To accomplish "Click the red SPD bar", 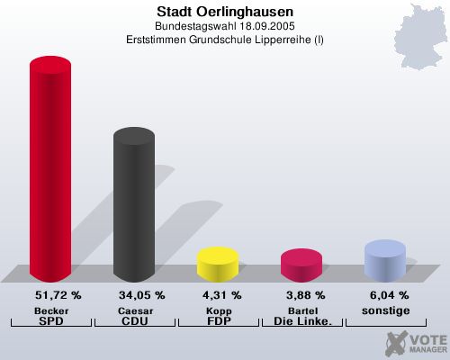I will [x=50, y=171].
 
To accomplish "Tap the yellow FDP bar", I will [x=217, y=263].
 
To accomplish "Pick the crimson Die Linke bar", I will [x=301, y=264].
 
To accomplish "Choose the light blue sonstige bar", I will [x=384, y=259].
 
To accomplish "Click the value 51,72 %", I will [x=58, y=295].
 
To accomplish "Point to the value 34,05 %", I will [x=141, y=295].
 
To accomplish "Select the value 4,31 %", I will [x=218, y=295].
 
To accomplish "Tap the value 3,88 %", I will [x=301, y=295].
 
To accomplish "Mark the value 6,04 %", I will [x=386, y=295].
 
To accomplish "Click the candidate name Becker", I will [x=50, y=310].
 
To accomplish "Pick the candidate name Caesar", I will [x=134, y=310].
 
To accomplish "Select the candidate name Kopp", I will [x=217, y=310].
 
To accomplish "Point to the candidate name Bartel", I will [x=301, y=310].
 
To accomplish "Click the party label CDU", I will [x=134, y=320].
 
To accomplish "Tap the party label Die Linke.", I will [x=301, y=320].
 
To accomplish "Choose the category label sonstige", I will [x=384, y=310].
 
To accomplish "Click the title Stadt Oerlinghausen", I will [x=224, y=12].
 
